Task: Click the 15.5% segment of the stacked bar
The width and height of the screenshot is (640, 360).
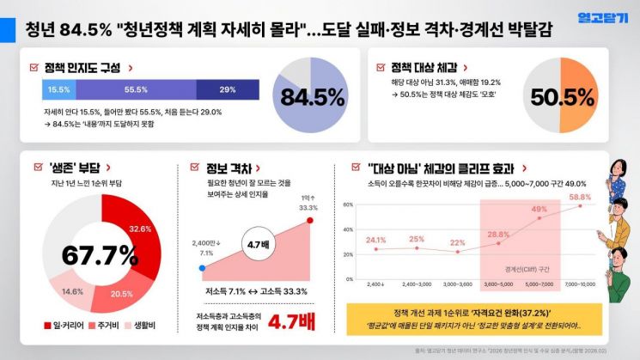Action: [58, 89]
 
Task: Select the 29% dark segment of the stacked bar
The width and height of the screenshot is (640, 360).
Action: [228, 89]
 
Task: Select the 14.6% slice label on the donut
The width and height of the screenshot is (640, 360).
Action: [72, 291]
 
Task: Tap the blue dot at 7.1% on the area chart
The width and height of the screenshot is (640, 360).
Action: [201, 268]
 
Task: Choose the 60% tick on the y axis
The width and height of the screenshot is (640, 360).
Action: [349, 205]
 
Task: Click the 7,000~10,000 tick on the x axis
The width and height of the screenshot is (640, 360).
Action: [580, 283]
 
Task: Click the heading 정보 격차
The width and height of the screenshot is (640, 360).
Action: [225, 168]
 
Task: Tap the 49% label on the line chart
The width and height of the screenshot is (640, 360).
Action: [539, 209]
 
